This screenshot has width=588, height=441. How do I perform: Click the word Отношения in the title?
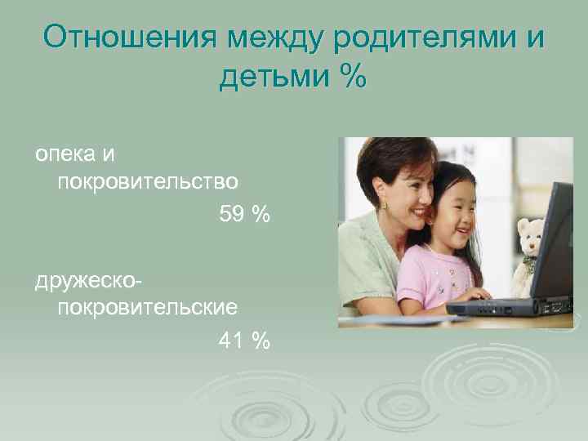point(131,38)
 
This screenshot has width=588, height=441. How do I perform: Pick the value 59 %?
point(244,215)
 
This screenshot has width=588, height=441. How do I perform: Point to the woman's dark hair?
point(384,159)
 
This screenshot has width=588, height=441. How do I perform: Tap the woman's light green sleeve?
point(359,269)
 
